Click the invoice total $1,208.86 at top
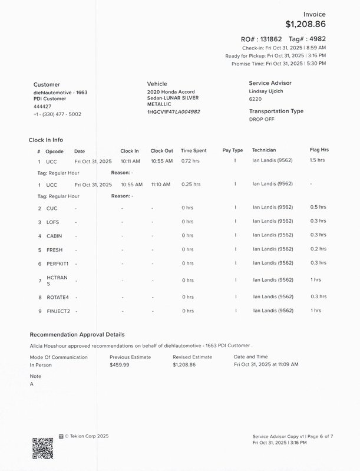(x=305, y=24)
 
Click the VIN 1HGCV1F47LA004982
(x=173, y=111)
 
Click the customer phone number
(x=57, y=114)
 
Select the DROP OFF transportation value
(x=262, y=119)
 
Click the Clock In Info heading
(x=46, y=140)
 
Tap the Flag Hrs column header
(x=319, y=150)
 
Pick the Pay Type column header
(x=233, y=151)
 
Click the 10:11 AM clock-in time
(x=130, y=161)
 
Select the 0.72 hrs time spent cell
(x=190, y=161)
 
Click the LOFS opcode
(x=53, y=222)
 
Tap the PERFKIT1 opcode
(x=58, y=264)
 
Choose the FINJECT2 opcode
(x=58, y=311)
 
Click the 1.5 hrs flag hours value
(x=318, y=160)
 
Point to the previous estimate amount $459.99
(x=120, y=365)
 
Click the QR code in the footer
(x=42, y=447)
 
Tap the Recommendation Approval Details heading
(x=77, y=334)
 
